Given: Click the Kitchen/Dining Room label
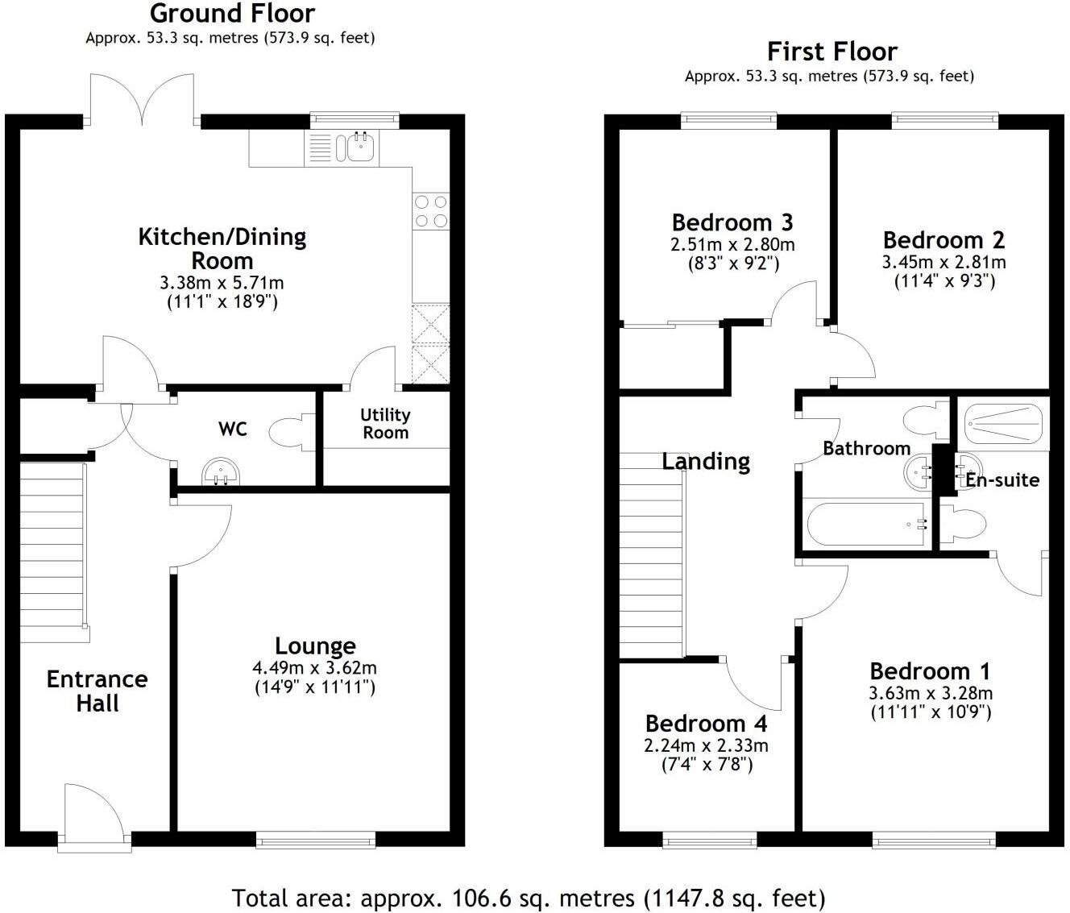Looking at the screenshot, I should point(222,248).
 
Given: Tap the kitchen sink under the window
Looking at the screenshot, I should point(355,147).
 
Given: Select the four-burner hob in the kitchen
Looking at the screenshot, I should point(431,211).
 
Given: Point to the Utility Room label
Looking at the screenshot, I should point(385,423).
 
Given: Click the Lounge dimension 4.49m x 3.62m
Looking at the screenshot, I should point(314,668).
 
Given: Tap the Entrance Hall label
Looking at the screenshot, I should point(97,691).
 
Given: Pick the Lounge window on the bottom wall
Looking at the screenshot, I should point(316,840).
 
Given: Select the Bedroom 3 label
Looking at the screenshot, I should point(732,222).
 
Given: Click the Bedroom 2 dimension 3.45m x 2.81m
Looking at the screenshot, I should point(944,262).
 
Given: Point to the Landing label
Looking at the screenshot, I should point(706,462).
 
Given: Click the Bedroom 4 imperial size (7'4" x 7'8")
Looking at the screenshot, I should point(707,764).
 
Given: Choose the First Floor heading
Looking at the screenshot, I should point(832,52).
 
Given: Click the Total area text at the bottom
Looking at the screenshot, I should point(528,898).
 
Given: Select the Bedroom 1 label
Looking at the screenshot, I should point(930,671).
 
